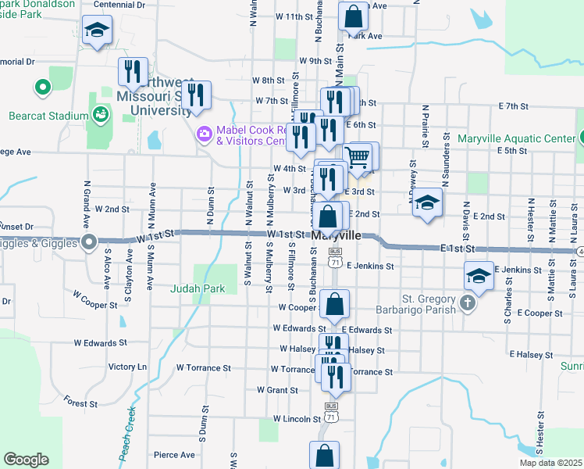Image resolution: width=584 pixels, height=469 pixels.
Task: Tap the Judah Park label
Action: point(198,288)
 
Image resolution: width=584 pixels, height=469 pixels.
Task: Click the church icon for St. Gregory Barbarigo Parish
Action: point(468,303)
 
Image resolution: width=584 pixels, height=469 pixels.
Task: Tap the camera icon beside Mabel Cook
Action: point(205,134)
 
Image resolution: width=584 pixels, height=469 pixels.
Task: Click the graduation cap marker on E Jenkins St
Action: point(479,275)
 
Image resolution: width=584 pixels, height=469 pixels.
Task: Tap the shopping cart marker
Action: point(357,156)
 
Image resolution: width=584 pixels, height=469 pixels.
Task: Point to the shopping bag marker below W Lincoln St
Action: point(324,455)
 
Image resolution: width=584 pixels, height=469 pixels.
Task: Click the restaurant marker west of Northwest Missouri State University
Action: point(133,72)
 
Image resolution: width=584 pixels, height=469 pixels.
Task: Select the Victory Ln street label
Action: point(127,367)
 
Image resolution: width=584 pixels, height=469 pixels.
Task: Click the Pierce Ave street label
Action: point(174,455)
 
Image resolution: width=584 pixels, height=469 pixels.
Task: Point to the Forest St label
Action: point(81,404)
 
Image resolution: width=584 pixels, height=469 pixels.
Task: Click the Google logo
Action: point(26,460)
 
